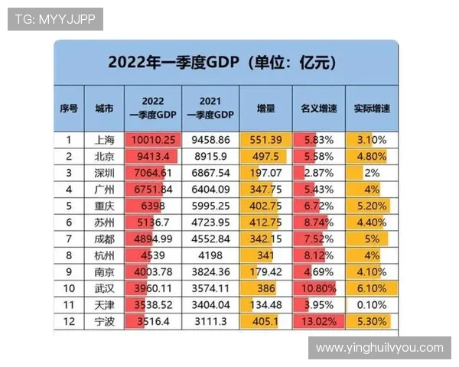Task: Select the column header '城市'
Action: tap(104, 108)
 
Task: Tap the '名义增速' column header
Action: tap(318, 108)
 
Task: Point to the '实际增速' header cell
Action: tap(371, 108)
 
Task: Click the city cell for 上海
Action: tap(104, 140)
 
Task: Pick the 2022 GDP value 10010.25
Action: tap(154, 140)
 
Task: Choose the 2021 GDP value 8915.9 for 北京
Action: tap(210, 156)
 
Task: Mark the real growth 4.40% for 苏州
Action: tap(371, 222)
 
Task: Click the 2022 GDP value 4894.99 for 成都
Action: tap(154, 239)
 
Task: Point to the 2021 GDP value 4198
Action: tap(210, 255)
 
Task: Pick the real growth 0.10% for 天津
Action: tap(371, 305)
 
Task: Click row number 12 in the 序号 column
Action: tap(69, 321)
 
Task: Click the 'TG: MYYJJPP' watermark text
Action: tap(55, 19)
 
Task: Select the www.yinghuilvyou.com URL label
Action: tap(379, 348)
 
